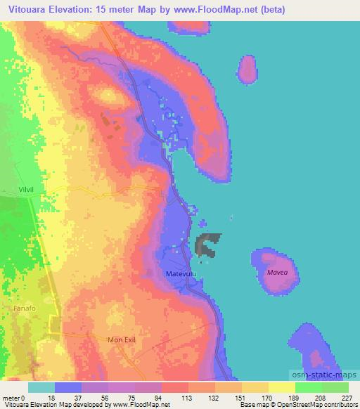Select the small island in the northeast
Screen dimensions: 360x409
click(247, 69)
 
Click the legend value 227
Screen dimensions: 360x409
click(347, 397)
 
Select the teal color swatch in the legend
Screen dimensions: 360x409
click(41, 387)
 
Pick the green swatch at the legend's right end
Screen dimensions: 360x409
click(335, 387)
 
